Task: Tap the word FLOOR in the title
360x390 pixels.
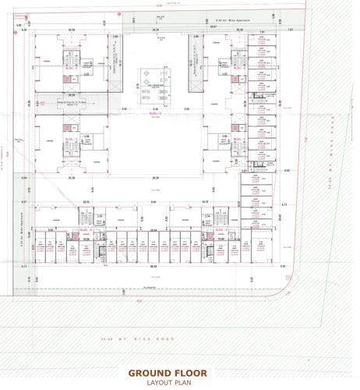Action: point(191,373)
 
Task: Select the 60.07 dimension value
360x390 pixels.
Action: point(213,26)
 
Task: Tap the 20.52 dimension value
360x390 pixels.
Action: point(87,200)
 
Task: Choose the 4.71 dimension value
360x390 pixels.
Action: point(285,204)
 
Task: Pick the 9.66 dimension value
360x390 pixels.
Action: point(154,202)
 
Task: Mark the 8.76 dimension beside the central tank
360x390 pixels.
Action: point(134,86)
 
